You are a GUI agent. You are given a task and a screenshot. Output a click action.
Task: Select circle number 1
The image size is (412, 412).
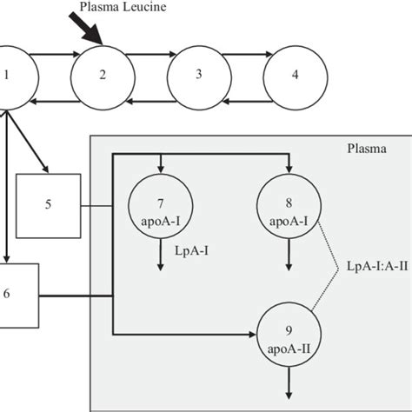(x=9, y=74)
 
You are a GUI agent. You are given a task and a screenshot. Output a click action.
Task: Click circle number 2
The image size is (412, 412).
(x=102, y=75)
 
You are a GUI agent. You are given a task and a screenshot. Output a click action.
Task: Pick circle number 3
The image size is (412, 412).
(x=198, y=75)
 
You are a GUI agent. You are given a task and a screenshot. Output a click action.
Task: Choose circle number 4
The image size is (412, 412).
(x=295, y=75)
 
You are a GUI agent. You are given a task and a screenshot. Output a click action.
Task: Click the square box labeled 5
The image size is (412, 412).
(x=48, y=205)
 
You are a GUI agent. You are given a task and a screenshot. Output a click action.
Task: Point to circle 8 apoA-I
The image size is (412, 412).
(x=289, y=206)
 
